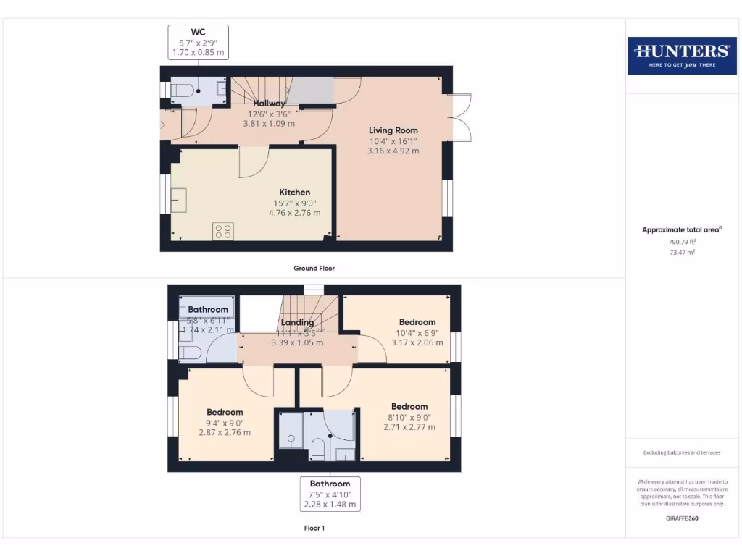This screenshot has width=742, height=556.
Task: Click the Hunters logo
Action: click(x=681, y=55)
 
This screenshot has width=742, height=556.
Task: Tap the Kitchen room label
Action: click(x=295, y=193)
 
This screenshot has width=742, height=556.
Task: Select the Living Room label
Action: click(x=393, y=130)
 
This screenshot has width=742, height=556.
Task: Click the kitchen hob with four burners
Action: click(x=223, y=232)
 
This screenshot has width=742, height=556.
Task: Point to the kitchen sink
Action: click(x=178, y=199)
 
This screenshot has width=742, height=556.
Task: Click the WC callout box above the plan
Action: click(x=198, y=42)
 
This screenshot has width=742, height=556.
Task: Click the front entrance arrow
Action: click(x=161, y=125)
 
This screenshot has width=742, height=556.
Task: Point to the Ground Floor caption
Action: click(x=314, y=268)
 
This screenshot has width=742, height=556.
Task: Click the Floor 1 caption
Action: click(x=314, y=528)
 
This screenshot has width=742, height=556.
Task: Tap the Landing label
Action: click(x=297, y=322)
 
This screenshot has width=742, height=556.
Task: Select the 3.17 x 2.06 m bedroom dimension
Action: click(x=417, y=342)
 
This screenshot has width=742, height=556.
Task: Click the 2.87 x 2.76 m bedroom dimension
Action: click(x=225, y=432)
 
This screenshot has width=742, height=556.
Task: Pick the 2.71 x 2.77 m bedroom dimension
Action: click(x=409, y=427)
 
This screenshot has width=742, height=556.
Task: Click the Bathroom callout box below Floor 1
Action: click(x=330, y=494)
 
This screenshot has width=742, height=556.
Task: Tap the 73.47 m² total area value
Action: click(x=681, y=253)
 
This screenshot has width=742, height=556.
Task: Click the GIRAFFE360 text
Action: click(x=681, y=518)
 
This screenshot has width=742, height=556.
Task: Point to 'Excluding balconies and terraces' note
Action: click(x=681, y=452)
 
